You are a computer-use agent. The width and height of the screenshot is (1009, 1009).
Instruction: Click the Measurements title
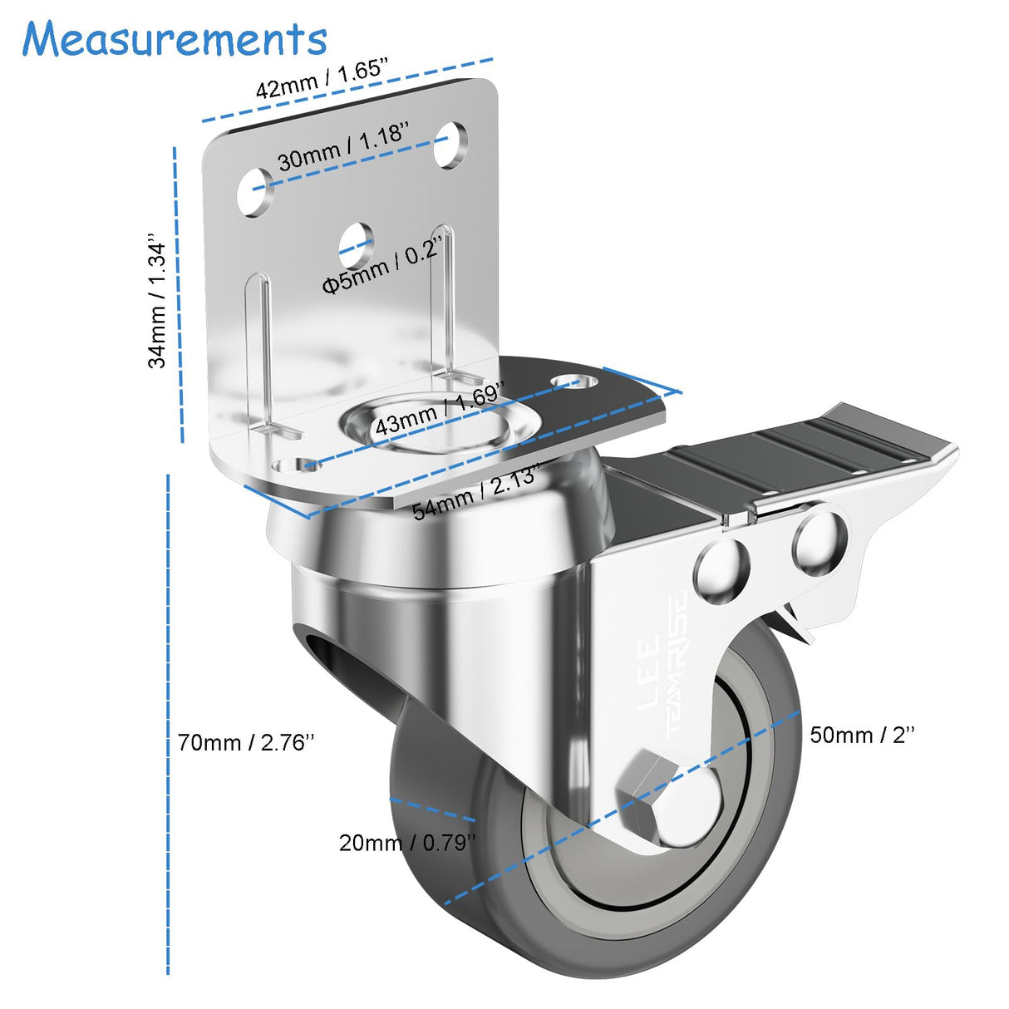pos(175,39)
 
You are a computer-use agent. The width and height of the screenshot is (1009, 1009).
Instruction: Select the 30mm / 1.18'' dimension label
pos(343,145)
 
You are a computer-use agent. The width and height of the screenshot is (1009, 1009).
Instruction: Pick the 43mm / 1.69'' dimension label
pos(438,409)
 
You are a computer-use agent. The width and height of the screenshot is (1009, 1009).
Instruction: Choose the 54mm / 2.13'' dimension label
pos(475,492)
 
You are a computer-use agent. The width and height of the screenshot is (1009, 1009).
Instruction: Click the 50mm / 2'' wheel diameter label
pos(862,735)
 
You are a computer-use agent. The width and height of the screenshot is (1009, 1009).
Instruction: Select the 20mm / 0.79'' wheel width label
pos(407,842)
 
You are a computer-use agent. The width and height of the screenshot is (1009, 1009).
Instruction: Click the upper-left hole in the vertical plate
pos(254,192)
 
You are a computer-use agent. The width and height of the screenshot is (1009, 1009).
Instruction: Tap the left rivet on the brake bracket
pos(721,570)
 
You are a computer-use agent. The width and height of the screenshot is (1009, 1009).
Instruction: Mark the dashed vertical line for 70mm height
pos(168,723)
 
